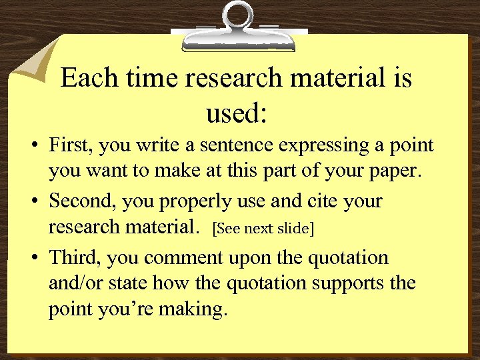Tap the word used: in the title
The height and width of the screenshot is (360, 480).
coord(237,113)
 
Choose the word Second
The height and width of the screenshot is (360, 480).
coord(83,201)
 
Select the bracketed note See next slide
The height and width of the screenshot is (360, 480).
coord(263,228)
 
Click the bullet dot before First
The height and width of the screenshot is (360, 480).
coord(33,145)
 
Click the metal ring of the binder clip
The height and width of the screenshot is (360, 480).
coord(237,14)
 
